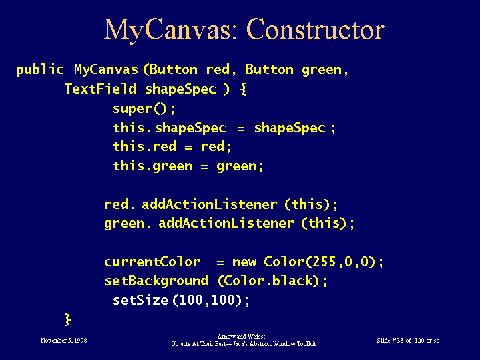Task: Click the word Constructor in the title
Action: point(315,29)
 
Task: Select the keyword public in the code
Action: point(40,70)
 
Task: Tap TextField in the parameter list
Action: point(100,89)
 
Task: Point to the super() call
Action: point(144,108)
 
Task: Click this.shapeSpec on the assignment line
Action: point(170,128)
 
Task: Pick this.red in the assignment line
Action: point(144,146)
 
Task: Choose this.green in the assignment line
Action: point(152,166)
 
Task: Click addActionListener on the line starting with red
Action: point(210,204)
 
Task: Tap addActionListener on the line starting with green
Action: point(226,223)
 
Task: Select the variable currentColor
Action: point(152,262)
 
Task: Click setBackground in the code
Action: point(156,281)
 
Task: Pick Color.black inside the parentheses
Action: point(268,281)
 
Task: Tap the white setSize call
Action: point(181,300)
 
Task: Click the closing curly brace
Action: point(67,319)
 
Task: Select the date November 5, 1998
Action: point(63,341)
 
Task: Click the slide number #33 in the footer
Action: point(398,341)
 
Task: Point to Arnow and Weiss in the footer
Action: point(241,337)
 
